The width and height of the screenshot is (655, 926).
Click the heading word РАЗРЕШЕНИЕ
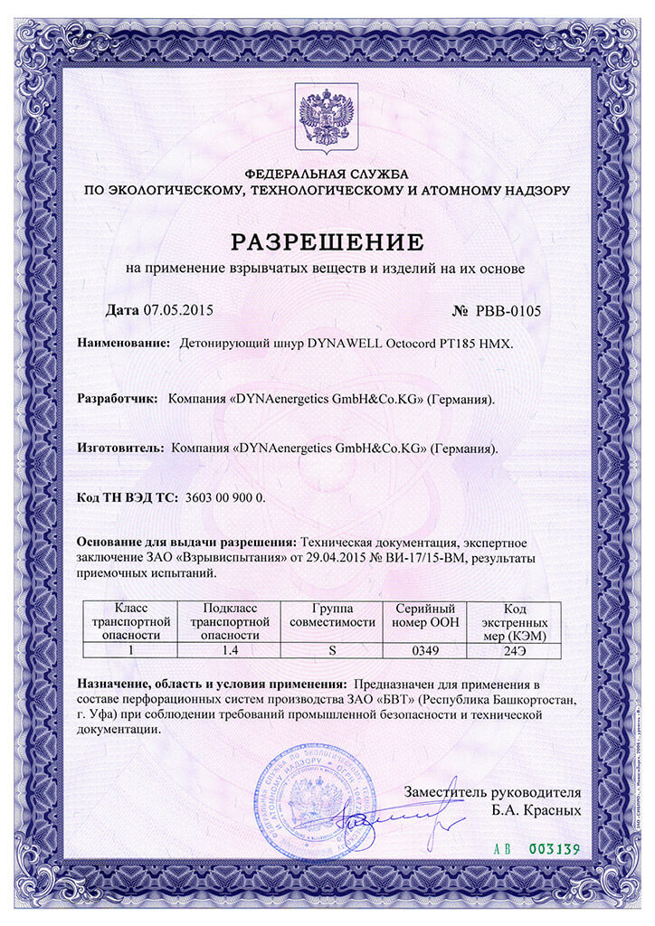(327, 241)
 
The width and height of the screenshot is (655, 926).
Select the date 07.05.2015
(177, 310)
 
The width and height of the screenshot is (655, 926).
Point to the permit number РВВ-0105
(507, 311)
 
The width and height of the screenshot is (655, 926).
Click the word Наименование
(124, 344)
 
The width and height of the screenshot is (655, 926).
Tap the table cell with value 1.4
(232, 649)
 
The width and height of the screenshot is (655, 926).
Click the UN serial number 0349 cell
(425, 649)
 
